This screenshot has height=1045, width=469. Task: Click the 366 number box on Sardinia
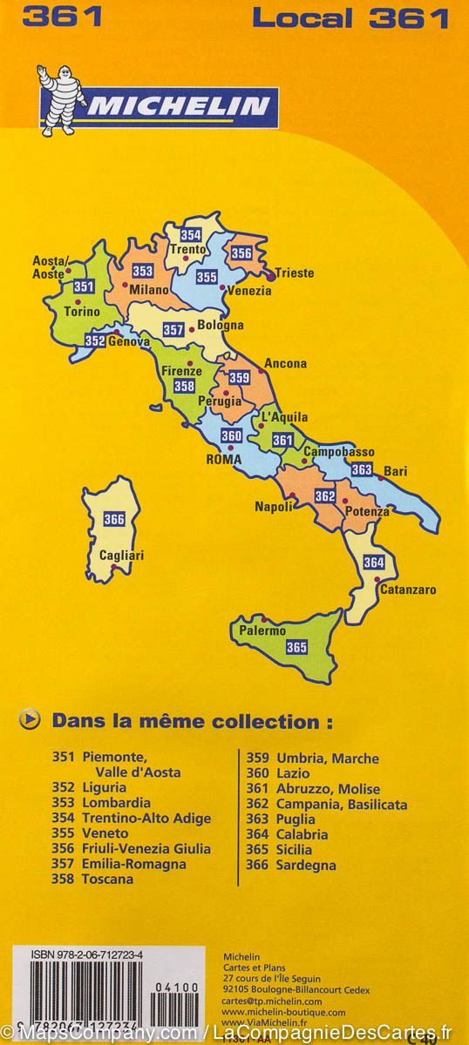114,520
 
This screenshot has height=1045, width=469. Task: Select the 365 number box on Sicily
296,646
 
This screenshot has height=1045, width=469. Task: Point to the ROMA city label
223,459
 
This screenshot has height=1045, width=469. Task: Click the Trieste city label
294,273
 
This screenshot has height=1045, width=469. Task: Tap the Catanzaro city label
407,590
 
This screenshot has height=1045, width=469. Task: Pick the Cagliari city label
121,555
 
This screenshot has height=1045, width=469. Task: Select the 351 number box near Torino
84,287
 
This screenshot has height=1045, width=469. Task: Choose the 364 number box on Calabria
374,562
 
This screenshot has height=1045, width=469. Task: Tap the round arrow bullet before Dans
31,720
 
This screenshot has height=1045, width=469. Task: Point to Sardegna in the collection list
305,865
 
